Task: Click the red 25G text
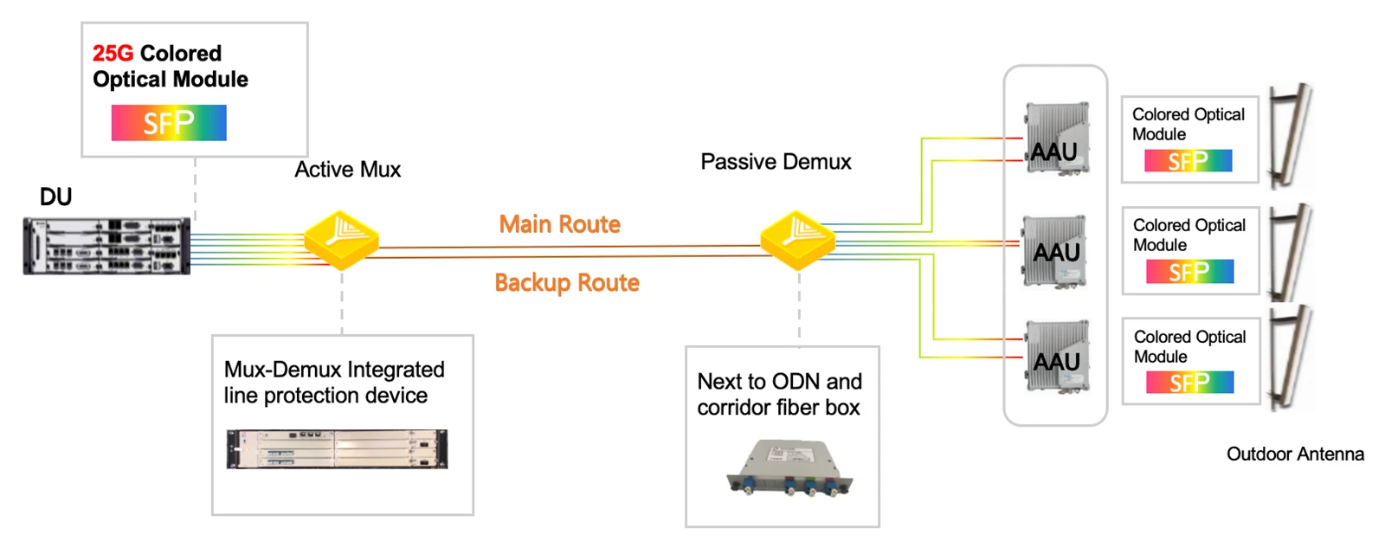coord(113,54)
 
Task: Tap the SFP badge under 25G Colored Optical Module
coord(169,122)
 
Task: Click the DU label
coord(55,197)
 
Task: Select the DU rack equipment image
coord(107,246)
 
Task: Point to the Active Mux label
coord(347,170)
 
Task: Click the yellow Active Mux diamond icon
coord(341,240)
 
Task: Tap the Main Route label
coord(559,224)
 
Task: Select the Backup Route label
coord(567,283)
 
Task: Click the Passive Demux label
coord(776,162)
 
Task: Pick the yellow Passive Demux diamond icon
coord(797,240)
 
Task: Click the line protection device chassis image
coord(337,449)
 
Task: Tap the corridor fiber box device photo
coord(790,468)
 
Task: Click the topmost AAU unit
coord(1057,139)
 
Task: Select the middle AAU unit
coord(1055,251)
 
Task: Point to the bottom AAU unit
coord(1057,357)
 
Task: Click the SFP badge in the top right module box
coord(1188,161)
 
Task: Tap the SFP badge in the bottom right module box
coord(1189,383)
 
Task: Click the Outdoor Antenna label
coord(1295,454)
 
